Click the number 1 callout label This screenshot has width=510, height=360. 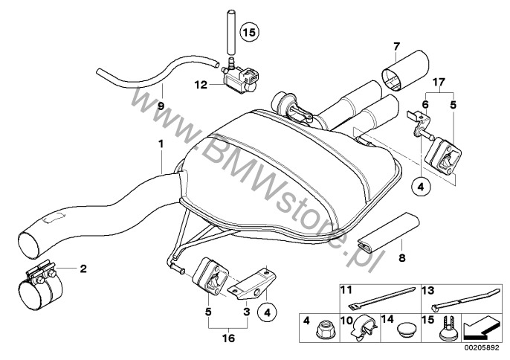click(160, 142)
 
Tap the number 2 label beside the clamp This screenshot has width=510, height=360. click(83, 267)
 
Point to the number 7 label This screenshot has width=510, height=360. click(396, 46)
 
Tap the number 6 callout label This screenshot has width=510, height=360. click(426, 105)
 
